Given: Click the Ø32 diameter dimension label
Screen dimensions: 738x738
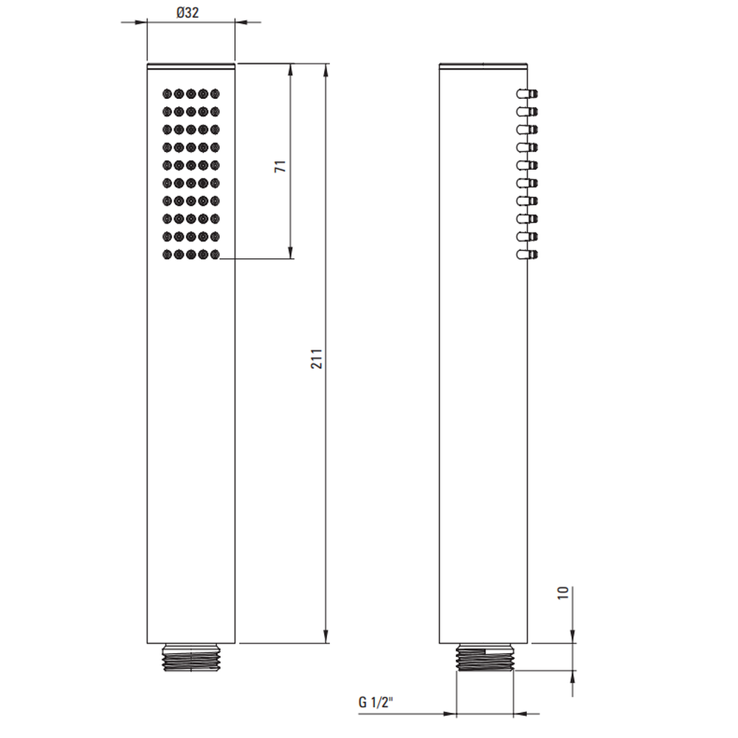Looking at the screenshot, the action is pos(187,13).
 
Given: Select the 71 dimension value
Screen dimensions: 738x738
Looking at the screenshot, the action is pos(280,166).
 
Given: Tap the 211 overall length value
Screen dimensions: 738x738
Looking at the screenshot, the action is pos(317,359).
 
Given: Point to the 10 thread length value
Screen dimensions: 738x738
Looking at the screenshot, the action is pos(563,593).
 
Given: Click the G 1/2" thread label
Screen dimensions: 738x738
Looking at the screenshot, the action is pos(376,703).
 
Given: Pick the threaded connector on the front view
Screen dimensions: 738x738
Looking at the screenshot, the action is pos(191,657).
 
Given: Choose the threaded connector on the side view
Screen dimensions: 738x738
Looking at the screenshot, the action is pos(486,657).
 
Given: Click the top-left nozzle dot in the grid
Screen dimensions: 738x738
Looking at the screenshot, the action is pos(167,94).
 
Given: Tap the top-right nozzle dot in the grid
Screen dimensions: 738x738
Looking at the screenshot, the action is pos(215,94).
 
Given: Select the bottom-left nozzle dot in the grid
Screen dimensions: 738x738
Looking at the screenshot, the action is pos(167,255).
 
